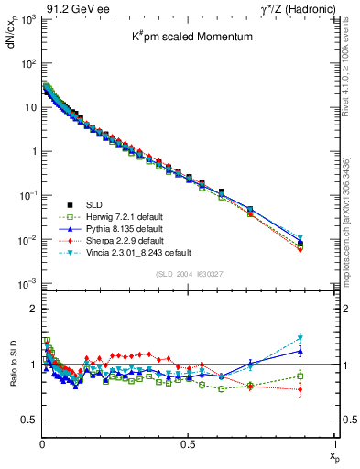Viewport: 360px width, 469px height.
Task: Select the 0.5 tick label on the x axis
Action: tap(188, 445)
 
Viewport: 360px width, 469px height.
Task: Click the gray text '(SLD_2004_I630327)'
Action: tap(188, 274)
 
